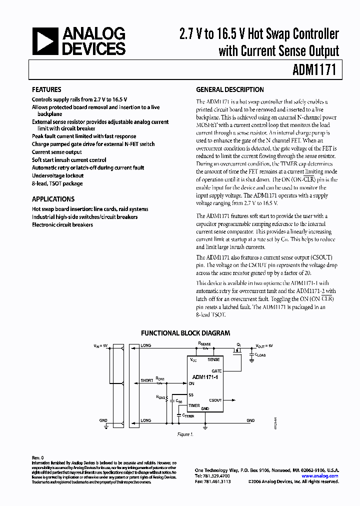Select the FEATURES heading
click(46, 90)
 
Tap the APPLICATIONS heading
click(53, 198)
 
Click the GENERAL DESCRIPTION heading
click(229, 90)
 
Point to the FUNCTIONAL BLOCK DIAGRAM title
click(185, 332)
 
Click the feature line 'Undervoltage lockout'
click(57, 175)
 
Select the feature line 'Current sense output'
click(56, 152)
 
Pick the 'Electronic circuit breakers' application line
click(62, 224)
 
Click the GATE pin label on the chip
click(216, 371)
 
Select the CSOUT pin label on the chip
click(215, 400)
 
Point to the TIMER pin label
click(194, 405)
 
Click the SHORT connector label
click(147, 380)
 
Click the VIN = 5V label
click(100, 345)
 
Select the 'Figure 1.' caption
click(185, 434)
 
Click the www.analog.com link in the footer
click(323, 475)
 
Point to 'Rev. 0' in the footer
click(38, 457)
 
